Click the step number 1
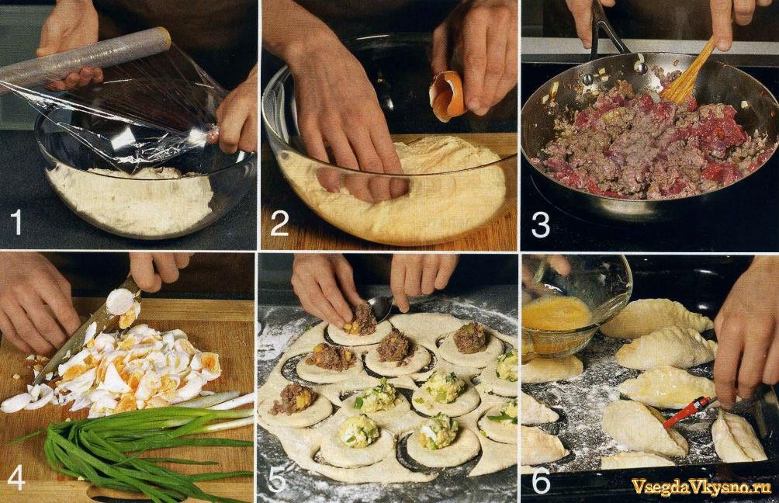coord(16,222)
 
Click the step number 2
coord(279,224)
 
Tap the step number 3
coord(541,225)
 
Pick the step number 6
coord(541,480)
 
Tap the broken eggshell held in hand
coord(447,96)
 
